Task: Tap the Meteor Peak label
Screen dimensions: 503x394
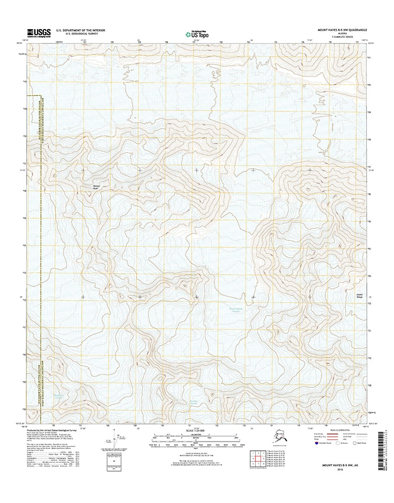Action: tap(96, 187)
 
